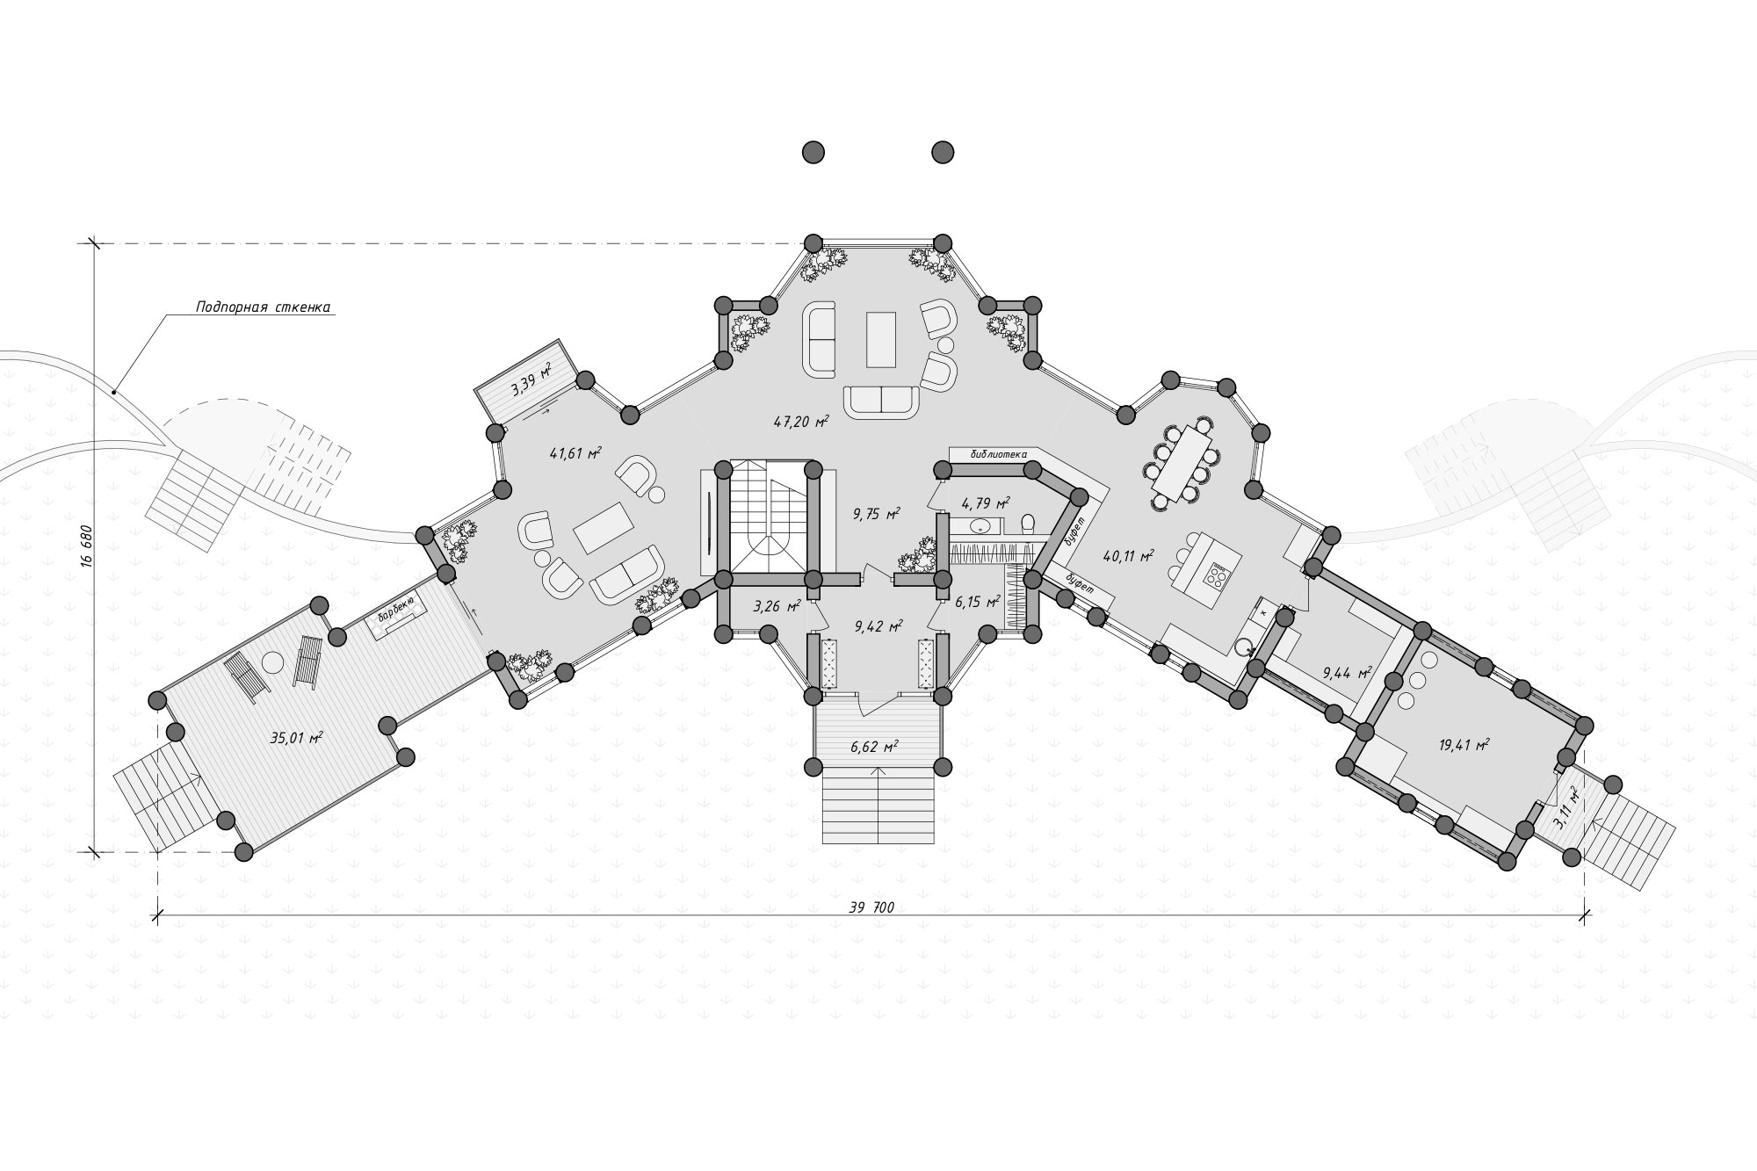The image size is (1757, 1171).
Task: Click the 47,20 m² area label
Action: tap(801, 422)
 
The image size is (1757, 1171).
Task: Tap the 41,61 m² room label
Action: tap(575, 453)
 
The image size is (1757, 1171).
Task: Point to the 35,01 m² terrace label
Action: tap(296, 738)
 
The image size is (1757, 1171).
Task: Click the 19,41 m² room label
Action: tap(1464, 746)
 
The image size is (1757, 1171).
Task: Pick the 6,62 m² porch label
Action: tap(873, 747)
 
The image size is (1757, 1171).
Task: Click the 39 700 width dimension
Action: tap(871, 907)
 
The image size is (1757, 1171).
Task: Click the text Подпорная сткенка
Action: tap(263, 307)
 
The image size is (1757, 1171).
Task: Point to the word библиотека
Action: tap(999, 454)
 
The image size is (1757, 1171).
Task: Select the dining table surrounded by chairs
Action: tap(1183, 464)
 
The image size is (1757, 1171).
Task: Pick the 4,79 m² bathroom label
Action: tap(986, 503)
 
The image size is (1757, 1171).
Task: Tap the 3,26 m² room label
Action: tap(777, 606)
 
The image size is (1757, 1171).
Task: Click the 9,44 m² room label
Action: tap(1347, 674)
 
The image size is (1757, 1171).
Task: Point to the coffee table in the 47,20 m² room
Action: tap(880, 339)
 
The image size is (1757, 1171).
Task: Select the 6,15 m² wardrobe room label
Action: tap(977, 602)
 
